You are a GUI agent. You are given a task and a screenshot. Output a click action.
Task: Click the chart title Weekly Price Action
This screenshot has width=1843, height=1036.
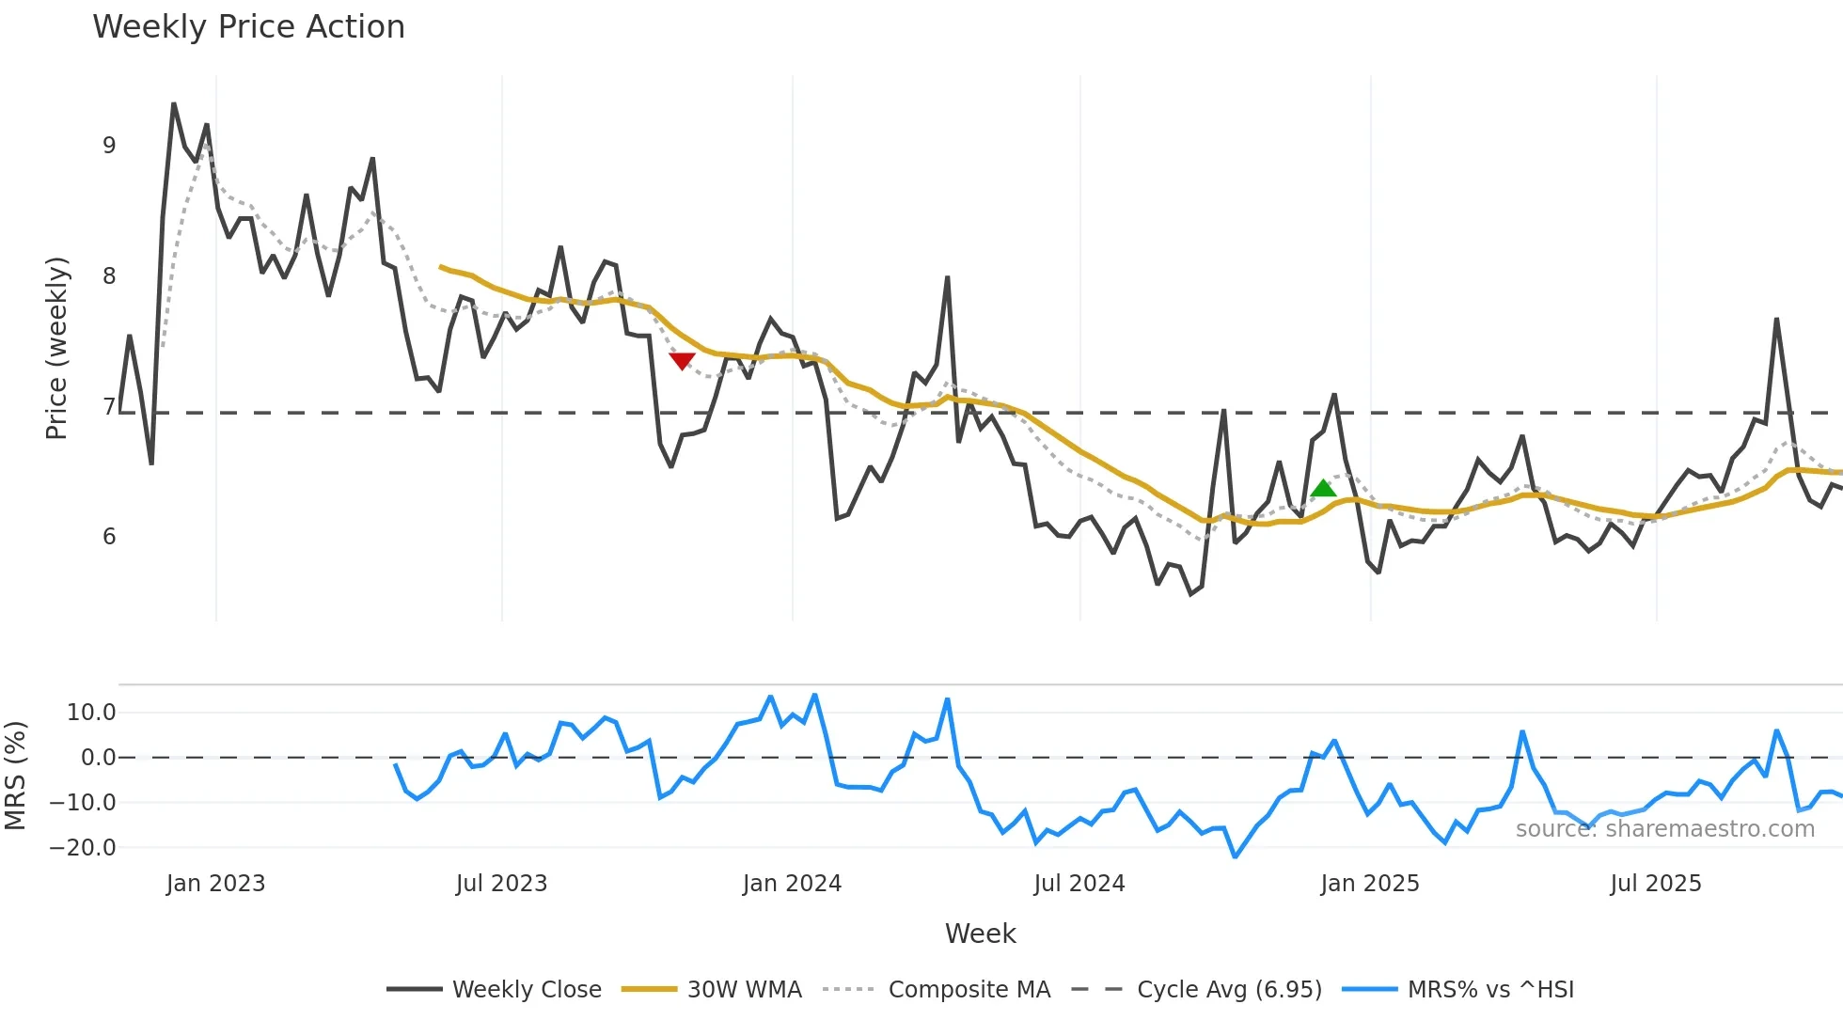point(248,27)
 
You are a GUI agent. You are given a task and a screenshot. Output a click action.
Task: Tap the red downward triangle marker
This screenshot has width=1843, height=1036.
point(682,361)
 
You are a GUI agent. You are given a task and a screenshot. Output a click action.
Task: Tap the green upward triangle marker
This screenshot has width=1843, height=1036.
point(1323,488)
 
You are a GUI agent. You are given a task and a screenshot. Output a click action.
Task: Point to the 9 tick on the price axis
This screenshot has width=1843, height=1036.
point(109,146)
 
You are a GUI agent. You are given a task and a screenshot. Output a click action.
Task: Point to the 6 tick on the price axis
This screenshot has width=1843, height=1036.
point(109,537)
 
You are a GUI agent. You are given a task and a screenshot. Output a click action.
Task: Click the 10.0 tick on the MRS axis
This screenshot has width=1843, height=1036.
point(91,713)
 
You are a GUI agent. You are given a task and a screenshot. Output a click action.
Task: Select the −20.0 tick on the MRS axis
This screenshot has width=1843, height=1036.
point(83,848)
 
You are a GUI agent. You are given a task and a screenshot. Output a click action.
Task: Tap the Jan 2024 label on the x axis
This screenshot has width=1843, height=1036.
point(792,884)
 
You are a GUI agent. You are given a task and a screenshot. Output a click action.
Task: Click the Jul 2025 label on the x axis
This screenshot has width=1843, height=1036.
point(1656,884)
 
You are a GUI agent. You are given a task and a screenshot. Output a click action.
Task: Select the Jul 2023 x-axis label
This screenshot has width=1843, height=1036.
point(501,884)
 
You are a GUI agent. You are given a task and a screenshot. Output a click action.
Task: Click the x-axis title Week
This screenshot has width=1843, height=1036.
point(980,934)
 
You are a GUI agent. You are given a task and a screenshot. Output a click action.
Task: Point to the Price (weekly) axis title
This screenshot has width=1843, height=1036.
point(56,348)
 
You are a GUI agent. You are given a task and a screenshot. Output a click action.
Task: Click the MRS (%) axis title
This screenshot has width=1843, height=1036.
point(15,776)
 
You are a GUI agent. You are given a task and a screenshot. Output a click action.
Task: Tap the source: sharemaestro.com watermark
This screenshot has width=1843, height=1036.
point(1664,829)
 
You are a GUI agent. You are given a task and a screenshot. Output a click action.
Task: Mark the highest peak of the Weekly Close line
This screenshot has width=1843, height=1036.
point(174,104)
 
